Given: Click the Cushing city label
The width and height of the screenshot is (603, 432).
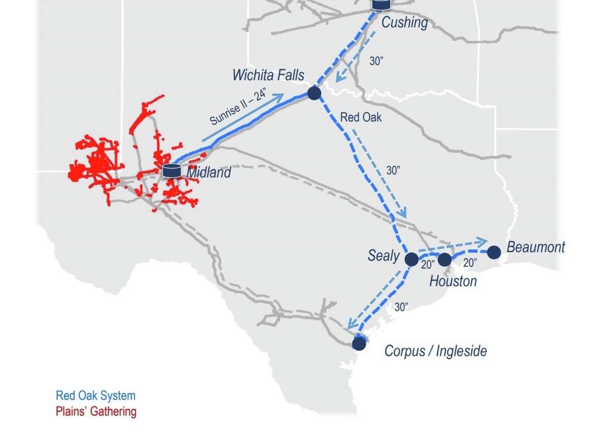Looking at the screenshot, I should pyautogui.click(x=405, y=23).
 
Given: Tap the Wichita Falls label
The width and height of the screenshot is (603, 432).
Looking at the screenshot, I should pyautogui.click(x=268, y=75).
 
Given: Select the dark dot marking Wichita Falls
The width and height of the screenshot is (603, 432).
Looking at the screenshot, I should pyautogui.click(x=314, y=93).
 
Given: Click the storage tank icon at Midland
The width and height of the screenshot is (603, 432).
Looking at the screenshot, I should pyautogui.click(x=171, y=171).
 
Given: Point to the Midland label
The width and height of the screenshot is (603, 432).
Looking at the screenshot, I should pyautogui.click(x=209, y=173).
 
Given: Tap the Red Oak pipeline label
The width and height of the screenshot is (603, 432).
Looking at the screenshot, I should pyautogui.click(x=361, y=117).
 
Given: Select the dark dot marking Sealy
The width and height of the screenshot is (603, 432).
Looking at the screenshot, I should pyautogui.click(x=411, y=259).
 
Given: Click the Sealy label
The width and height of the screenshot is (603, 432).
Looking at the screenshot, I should pyautogui.click(x=383, y=256).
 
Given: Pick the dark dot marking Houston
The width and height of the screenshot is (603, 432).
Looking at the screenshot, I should pyautogui.click(x=445, y=259).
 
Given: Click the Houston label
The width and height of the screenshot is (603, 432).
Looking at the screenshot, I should pyautogui.click(x=453, y=281).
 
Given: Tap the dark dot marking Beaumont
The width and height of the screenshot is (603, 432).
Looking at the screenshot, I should pyautogui.click(x=494, y=252).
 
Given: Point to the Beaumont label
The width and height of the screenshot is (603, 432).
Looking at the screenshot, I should pyautogui.click(x=536, y=247).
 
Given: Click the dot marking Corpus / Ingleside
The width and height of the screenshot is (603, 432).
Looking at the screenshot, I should pyautogui.click(x=359, y=343).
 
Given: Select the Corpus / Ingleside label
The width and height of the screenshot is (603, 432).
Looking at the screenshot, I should pyautogui.click(x=436, y=351).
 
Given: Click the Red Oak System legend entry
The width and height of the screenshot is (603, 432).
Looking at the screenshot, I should pyautogui.click(x=95, y=395).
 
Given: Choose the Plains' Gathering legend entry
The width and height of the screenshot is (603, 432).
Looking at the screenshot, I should pyautogui.click(x=96, y=412).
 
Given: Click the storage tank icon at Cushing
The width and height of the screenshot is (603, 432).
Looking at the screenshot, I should pyautogui.click(x=381, y=5).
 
